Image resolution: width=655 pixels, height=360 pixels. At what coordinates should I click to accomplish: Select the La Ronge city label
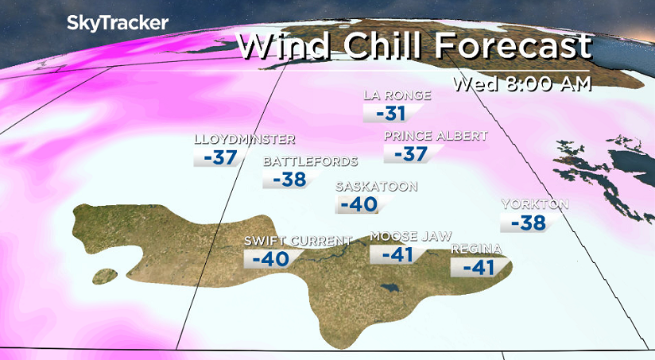pyautogui.click(x=397, y=95)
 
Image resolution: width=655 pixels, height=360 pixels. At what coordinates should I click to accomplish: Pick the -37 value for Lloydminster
pyautogui.click(x=220, y=157)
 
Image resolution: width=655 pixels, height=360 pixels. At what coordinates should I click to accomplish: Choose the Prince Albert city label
pyautogui.click(x=435, y=136)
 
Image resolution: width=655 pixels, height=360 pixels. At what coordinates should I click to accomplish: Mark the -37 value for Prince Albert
pyautogui.click(x=410, y=153)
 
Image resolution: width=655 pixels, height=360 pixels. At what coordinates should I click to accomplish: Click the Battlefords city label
pyautogui.click(x=310, y=161)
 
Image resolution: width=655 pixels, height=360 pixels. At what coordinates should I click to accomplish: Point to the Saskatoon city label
pyautogui.click(x=376, y=187)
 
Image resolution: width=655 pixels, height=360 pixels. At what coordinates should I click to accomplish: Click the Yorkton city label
pyautogui.click(x=534, y=204)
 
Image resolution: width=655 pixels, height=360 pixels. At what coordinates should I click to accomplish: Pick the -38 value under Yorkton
pyautogui.click(x=528, y=223)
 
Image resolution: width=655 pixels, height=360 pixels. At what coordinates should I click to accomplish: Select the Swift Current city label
pyautogui.click(x=297, y=241)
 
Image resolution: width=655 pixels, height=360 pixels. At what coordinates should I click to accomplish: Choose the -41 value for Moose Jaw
pyautogui.click(x=397, y=255)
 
